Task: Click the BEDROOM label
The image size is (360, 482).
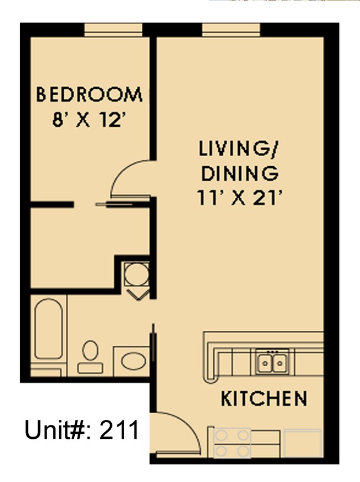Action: tap(89, 95)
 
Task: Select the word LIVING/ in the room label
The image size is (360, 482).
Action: tap(239, 149)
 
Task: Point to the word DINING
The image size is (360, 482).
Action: tap(239, 173)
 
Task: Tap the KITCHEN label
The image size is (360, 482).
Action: tap(264, 398)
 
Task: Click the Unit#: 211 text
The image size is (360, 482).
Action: tap(81, 430)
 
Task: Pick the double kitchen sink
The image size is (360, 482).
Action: tap(271, 363)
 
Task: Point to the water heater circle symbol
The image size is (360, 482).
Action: tap(136, 274)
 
